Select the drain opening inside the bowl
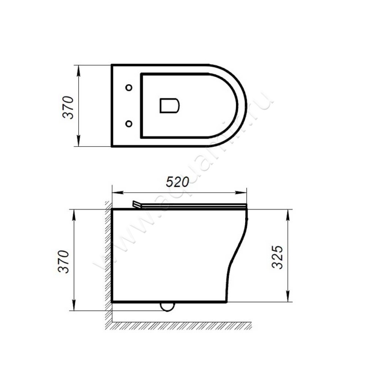click(x=169, y=105)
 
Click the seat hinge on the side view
click(x=136, y=205)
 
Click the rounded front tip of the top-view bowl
click(x=246, y=106)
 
